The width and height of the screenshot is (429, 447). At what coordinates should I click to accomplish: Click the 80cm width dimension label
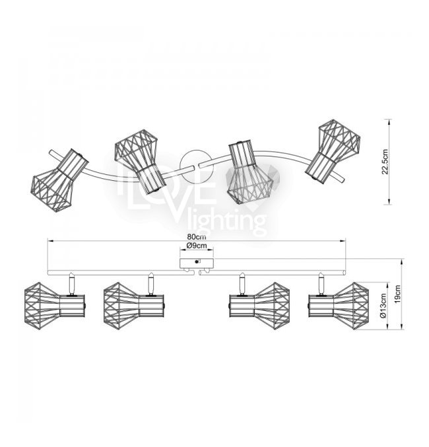(197, 236)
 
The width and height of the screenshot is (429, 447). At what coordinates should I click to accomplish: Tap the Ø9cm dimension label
(197, 246)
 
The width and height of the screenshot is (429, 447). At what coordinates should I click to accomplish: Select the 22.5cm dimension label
(385, 162)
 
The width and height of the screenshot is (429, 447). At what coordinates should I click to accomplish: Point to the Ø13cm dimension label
(383, 306)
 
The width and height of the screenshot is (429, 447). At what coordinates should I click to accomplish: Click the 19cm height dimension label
(398, 294)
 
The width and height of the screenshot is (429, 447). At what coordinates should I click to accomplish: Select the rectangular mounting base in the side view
(197, 263)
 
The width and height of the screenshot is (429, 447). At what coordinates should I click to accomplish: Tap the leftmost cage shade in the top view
(59, 180)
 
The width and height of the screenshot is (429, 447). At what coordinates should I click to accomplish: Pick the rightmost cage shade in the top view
(333, 151)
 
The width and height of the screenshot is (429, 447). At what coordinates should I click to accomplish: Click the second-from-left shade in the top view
(140, 162)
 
